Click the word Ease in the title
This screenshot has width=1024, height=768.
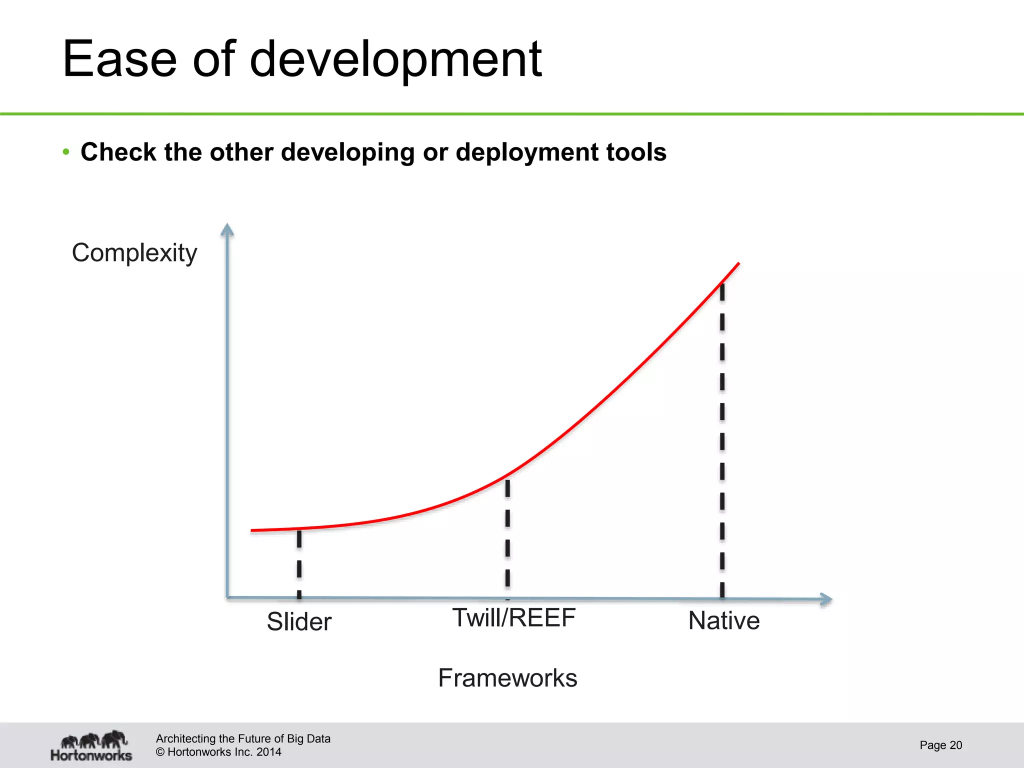click(120, 60)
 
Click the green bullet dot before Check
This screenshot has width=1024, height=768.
click(66, 152)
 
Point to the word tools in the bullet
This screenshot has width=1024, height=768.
click(636, 152)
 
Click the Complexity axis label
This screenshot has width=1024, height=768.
click(134, 253)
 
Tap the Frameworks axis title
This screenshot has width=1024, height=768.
click(507, 678)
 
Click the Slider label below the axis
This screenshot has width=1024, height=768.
click(299, 622)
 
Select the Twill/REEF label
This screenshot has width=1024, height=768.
click(514, 618)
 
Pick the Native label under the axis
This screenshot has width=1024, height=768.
click(724, 621)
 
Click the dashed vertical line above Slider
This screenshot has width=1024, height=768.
click(299, 562)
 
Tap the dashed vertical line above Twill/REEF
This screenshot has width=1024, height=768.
click(507, 535)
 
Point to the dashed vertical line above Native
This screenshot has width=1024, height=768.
click(722, 440)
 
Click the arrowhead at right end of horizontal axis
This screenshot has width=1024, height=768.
click(826, 599)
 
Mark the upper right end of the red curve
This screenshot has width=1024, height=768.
click(738, 263)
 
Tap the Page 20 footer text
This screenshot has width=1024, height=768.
click(940, 745)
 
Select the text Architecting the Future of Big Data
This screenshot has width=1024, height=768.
click(243, 738)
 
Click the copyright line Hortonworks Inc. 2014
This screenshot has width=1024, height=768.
click(218, 752)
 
